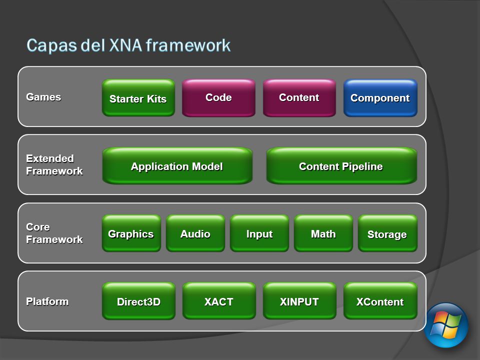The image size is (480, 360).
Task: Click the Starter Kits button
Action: [x=138, y=98]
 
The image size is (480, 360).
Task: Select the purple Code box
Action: [x=218, y=98]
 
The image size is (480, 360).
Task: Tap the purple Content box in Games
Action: [x=299, y=98]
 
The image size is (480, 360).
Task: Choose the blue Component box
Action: [x=380, y=98]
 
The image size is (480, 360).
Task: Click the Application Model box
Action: [x=177, y=166]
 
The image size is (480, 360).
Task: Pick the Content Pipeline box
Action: [x=341, y=166]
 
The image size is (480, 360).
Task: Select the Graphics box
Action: [x=131, y=233]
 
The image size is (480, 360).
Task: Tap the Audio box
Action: [x=195, y=233]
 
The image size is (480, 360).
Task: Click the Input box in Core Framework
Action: [x=259, y=233]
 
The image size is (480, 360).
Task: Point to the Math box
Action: [x=323, y=233]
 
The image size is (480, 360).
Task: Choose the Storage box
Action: [x=387, y=233]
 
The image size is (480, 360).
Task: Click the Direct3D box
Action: [x=138, y=301]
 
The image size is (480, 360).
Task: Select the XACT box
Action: [x=219, y=301]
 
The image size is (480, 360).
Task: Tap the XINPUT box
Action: [x=299, y=301]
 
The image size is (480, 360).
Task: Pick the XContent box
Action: [x=380, y=301]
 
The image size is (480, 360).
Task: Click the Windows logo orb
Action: [x=446, y=325]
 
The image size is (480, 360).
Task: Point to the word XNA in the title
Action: [x=125, y=45]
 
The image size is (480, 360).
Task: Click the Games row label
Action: [x=44, y=97]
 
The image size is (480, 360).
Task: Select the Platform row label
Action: [x=47, y=301]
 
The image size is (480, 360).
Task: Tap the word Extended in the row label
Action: [x=50, y=158]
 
